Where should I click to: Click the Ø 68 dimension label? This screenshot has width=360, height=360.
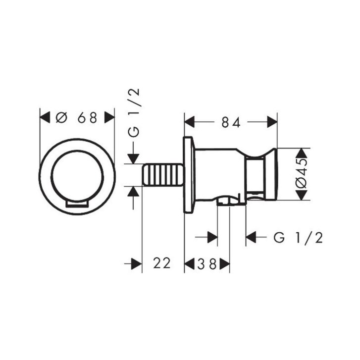coord(76,118)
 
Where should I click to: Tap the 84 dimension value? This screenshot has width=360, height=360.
coord(231,122)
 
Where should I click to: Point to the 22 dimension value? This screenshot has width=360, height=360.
coord(162,263)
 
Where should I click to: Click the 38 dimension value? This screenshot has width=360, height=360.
coord(207,264)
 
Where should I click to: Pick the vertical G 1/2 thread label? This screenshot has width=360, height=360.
coord(134,113)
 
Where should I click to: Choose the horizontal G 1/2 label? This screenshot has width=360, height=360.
coord(298,238)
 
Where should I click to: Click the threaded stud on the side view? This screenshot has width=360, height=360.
coord(163,175)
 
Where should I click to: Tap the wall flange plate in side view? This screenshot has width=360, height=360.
coord(189,175)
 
